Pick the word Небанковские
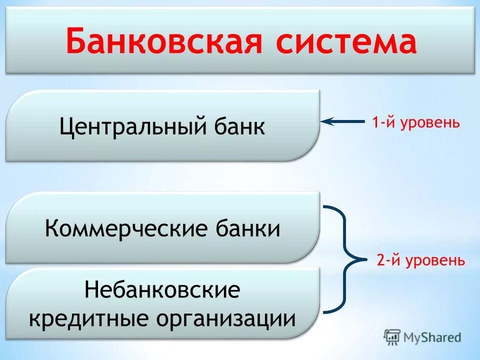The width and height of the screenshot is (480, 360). (162, 290)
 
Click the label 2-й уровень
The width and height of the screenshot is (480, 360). (420, 260)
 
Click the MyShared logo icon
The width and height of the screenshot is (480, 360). (392, 337)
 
